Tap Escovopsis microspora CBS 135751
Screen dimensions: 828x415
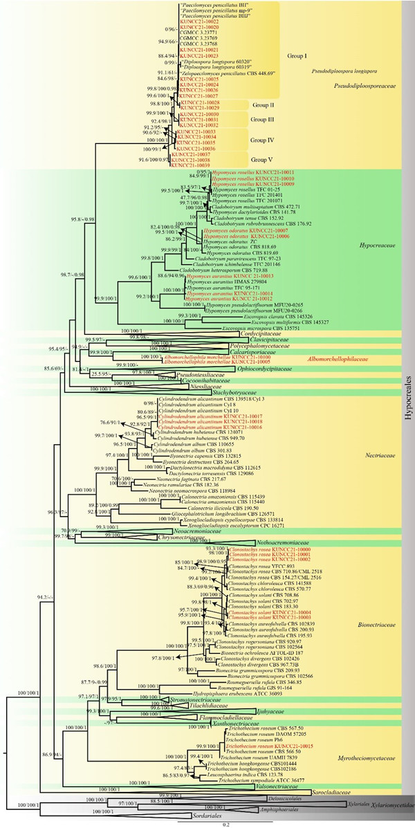(x=256, y=328)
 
